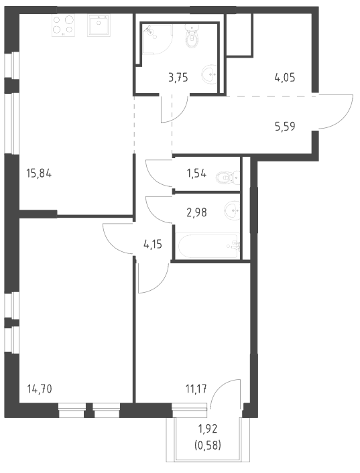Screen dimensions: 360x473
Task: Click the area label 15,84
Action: (x=40, y=174)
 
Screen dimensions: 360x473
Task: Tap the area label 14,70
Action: (x=40, y=389)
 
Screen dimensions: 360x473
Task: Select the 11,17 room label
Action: (x=196, y=389)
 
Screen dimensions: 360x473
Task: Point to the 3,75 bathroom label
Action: (x=178, y=78)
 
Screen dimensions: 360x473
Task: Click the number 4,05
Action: (x=285, y=78)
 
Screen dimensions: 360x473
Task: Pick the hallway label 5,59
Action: (x=285, y=127)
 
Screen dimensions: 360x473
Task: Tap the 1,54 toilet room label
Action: (x=196, y=174)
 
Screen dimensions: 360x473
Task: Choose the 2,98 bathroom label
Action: (x=196, y=212)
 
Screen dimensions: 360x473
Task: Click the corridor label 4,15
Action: (x=153, y=245)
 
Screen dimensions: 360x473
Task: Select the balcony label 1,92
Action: (x=208, y=428)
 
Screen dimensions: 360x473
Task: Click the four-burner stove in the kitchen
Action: (x=64, y=25)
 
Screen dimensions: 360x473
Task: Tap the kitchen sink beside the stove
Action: (x=99, y=25)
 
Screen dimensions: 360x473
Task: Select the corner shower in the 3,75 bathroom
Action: (x=157, y=40)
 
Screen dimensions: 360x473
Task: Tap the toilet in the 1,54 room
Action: (x=228, y=178)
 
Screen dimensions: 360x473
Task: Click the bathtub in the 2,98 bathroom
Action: (x=208, y=246)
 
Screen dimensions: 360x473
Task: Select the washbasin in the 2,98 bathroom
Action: (x=233, y=209)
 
